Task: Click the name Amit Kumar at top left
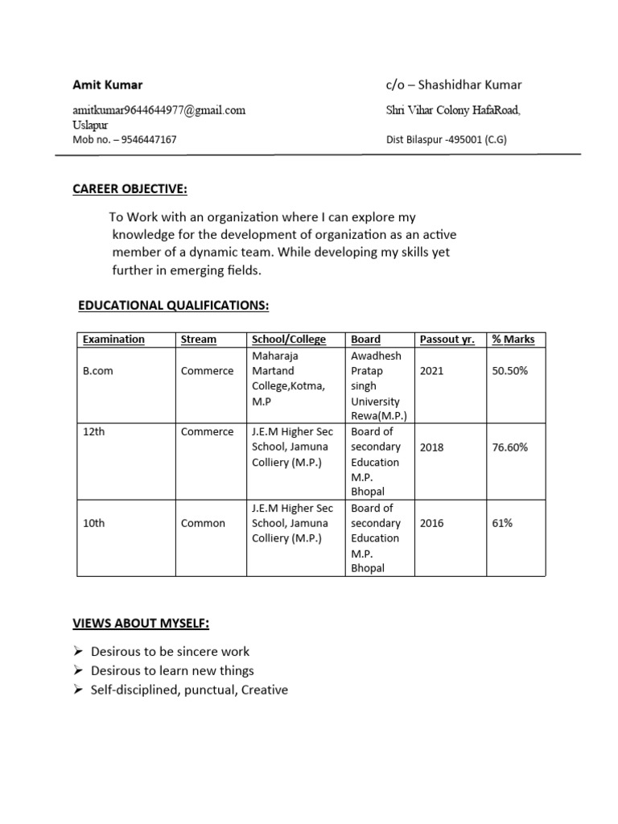(x=108, y=85)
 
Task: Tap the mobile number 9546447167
(x=143, y=139)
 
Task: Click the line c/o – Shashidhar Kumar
(x=454, y=85)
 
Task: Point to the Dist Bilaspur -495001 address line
(x=447, y=139)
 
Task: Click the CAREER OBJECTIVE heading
(x=130, y=189)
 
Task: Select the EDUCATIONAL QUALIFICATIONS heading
(x=173, y=306)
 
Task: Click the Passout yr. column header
(x=447, y=340)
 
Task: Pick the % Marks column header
(x=513, y=340)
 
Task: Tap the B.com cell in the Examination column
(x=98, y=371)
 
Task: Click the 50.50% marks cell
(x=509, y=371)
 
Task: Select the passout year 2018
(x=431, y=447)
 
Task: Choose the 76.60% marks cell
(x=509, y=447)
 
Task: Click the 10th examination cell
(x=94, y=523)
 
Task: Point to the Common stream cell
(x=203, y=523)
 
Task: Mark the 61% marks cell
(x=502, y=523)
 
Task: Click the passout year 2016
(x=431, y=523)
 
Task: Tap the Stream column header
(x=199, y=340)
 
